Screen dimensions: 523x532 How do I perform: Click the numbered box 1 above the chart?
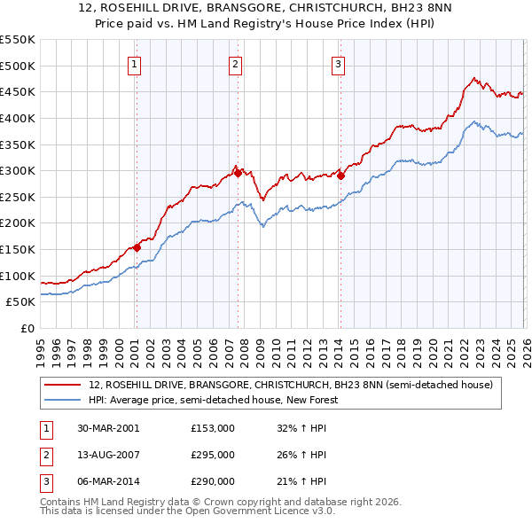click(134, 63)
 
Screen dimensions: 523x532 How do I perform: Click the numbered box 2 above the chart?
click(235, 63)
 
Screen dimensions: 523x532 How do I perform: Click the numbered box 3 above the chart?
click(339, 63)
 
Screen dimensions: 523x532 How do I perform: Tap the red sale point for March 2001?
click(137, 247)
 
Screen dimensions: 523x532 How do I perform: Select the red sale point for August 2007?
click(238, 173)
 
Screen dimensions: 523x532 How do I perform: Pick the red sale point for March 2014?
click(340, 176)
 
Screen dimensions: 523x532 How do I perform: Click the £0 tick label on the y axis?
click(28, 328)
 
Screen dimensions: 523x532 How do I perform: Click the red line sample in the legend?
click(64, 385)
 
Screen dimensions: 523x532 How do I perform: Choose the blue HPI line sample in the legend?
click(64, 400)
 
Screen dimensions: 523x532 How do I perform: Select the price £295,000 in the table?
click(213, 455)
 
